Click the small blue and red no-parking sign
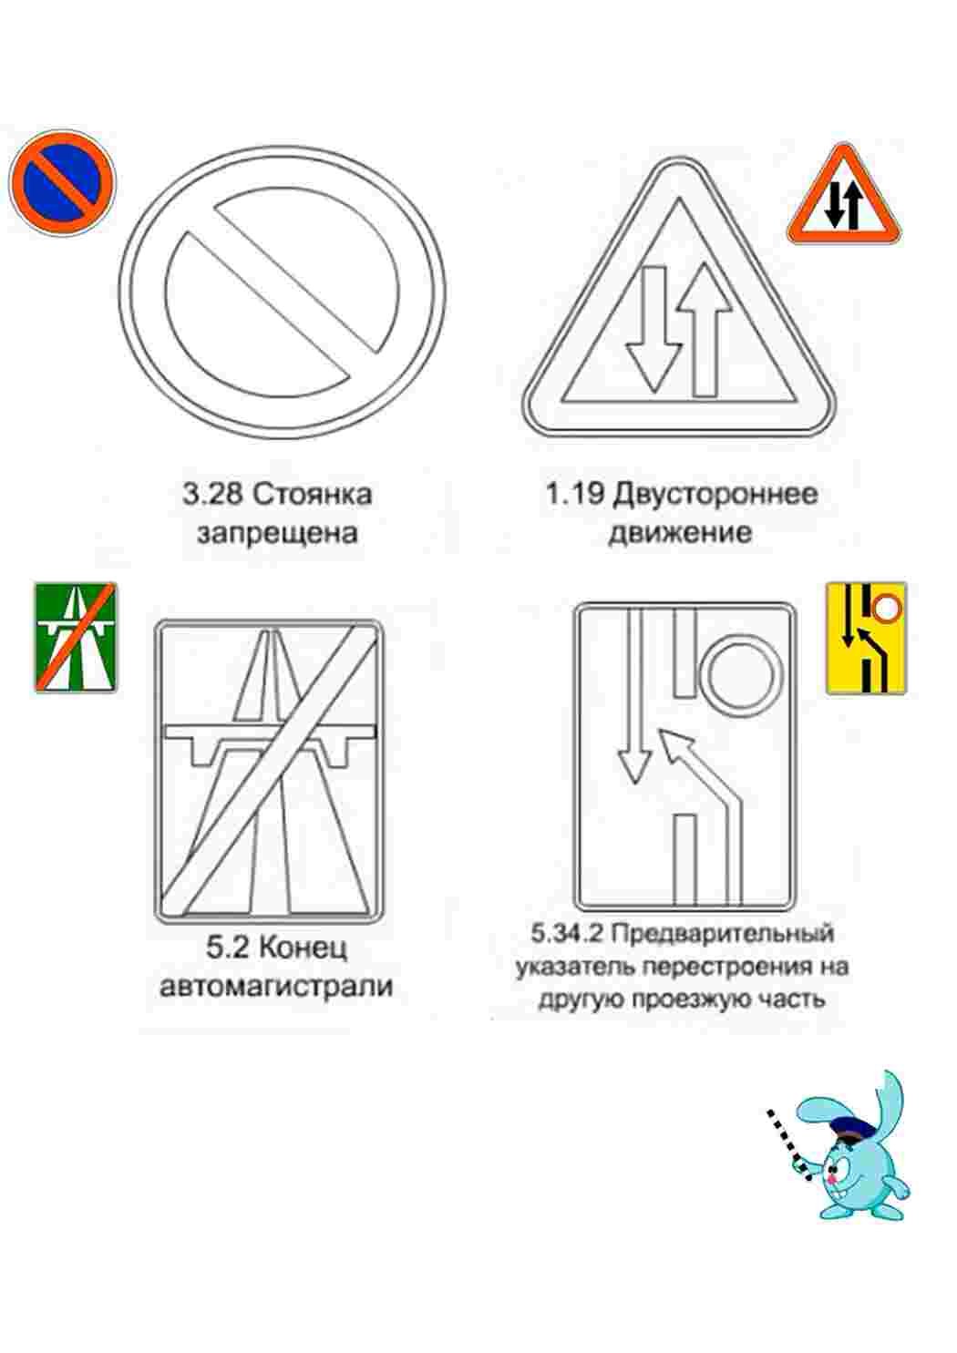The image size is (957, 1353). (62, 182)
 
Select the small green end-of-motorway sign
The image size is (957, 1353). (76, 638)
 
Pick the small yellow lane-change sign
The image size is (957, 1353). (866, 638)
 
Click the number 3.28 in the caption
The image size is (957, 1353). (213, 495)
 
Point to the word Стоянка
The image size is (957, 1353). (312, 495)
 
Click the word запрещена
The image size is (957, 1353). (277, 532)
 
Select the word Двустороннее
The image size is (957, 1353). (715, 495)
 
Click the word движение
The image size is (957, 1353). (680, 532)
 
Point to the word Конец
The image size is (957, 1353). (304, 948)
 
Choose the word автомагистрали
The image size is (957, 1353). (276, 986)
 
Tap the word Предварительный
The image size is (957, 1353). (723, 934)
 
